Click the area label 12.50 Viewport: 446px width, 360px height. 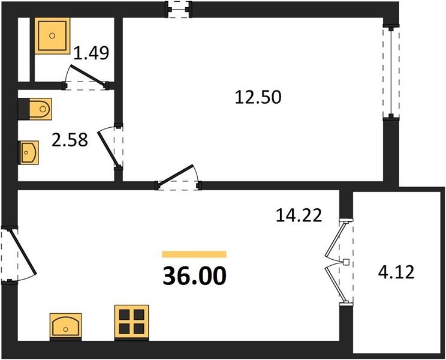pyautogui.click(x=258, y=97)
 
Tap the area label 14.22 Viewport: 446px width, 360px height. pyautogui.click(x=299, y=215)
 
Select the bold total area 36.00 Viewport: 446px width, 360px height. pyautogui.click(x=195, y=276)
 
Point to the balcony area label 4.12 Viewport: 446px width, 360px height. pyautogui.click(x=396, y=272)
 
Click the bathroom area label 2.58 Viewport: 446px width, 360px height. pyautogui.click(x=70, y=140)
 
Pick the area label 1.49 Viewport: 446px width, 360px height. pyautogui.click(x=91, y=53)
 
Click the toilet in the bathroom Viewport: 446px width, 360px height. pyautogui.click(x=35, y=109)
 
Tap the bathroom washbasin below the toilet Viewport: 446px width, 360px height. pyautogui.click(x=28, y=152)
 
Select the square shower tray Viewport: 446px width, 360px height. pyautogui.click(x=52, y=35)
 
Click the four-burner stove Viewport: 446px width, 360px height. pyautogui.click(x=132, y=322)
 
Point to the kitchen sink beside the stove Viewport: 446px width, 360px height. pyautogui.click(x=66, y=326)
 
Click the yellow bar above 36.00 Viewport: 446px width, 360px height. pyautogui.click(x=194, y=254)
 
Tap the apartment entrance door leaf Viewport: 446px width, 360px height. pyautogui.click(x=23, y=252)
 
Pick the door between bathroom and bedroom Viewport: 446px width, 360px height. pyautogui.click(x=108, y=148)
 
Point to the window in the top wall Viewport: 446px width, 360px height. pyautogui.click(x=179, y=10)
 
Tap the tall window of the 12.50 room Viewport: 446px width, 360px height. pyautogui.click(x=391, y=72)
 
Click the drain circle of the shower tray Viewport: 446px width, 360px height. pyautogui.click(x=52, y=35)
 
